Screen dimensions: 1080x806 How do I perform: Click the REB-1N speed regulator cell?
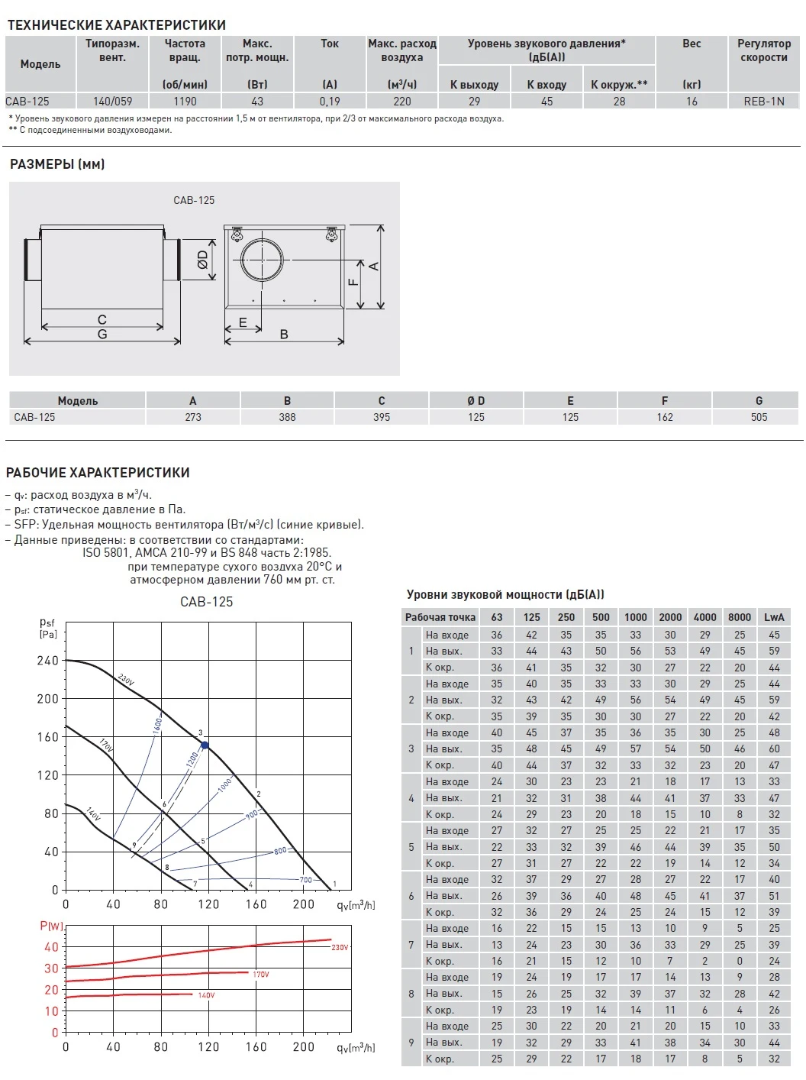(763, 101)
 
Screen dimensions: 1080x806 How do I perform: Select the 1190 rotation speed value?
(185, 101)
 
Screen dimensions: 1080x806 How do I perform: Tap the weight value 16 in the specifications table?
(692, 101)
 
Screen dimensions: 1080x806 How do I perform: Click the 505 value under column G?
(759, 417)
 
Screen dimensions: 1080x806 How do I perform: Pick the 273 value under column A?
(193, 417)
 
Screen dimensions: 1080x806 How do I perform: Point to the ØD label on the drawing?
(203, 260)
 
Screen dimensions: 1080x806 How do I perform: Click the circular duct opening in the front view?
(262, 260)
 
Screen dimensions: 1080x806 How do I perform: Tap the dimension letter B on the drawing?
(284, 334)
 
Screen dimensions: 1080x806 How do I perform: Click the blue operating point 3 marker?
(205, 745)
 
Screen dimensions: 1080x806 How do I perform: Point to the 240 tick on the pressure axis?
(48, 661)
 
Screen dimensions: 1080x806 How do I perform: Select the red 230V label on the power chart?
(340, 947)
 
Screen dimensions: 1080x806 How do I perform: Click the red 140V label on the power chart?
(206, 995)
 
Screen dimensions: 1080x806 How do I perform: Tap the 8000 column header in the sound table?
(739, 617)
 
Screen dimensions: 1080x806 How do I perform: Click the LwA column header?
(774, 617)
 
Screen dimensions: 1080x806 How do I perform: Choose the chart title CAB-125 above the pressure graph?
(206, 602)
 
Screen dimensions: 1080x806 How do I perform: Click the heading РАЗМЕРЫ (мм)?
(57, 164)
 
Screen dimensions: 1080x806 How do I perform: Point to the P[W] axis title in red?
(52, 926)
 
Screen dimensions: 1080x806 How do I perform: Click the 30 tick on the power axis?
(52, 968)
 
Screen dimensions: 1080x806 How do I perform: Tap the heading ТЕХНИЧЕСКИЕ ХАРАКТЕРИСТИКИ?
(117, 25)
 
